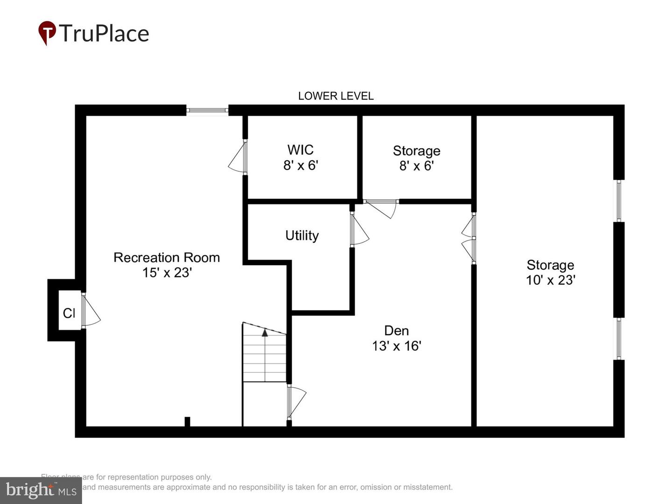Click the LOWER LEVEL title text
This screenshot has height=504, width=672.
336,96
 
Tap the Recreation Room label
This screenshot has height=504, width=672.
167,257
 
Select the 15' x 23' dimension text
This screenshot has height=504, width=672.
167,272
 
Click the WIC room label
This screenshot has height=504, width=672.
300,150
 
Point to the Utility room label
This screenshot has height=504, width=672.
302,235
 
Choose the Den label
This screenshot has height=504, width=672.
396,330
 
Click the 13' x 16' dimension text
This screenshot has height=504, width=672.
396,346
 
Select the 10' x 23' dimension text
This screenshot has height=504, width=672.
550,280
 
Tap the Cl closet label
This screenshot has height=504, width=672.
69,313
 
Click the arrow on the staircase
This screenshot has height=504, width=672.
265,333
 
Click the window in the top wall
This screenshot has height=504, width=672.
207,111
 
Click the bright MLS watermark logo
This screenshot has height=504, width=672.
41,490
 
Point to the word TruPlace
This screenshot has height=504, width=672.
104,33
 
